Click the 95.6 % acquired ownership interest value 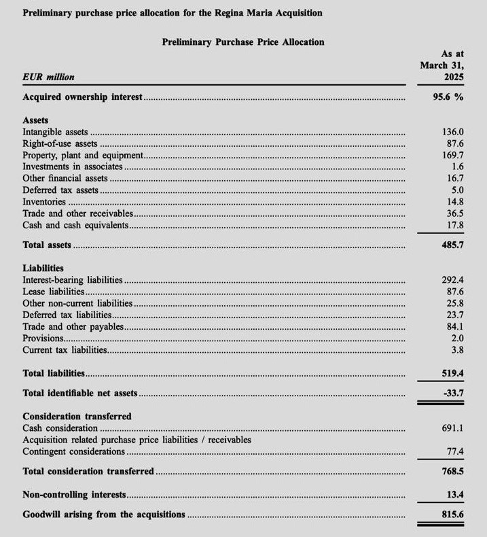(448, 97)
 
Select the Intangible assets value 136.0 (452, 132)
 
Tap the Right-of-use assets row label (60, 143)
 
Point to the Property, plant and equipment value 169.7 (452, 155)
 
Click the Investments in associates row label (73, 167)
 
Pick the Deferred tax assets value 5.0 (457, 190)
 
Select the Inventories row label (44, 202)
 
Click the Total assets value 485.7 (452, 244)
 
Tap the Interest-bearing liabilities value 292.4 (452, 279)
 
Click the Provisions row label (43, 338)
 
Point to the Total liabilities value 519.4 (452, 373)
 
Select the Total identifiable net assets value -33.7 (452, 393)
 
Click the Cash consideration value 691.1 (452, 428)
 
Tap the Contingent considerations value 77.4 (454, 451)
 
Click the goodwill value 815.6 (452, 515)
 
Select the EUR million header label (48, 77)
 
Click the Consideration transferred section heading (77, 416)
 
